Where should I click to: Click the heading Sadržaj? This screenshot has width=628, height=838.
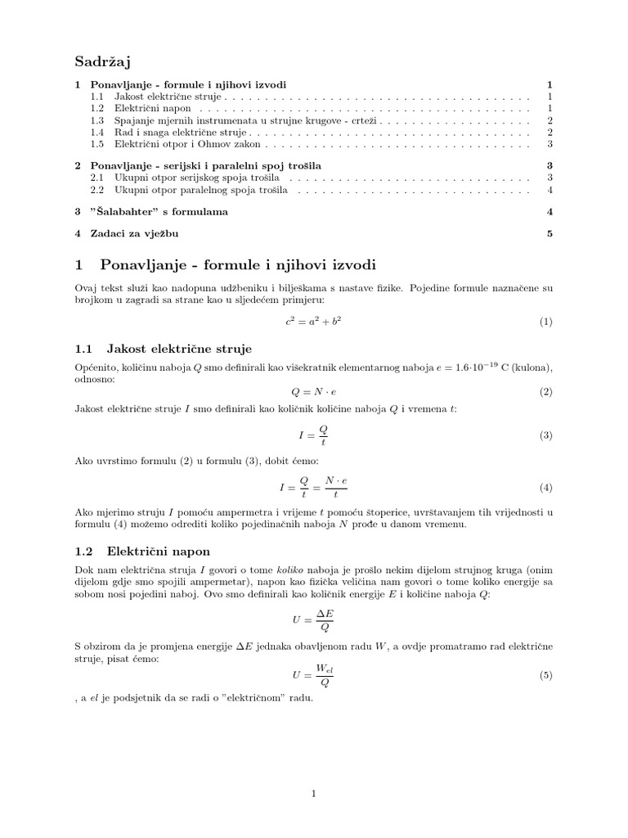tap(103, 61)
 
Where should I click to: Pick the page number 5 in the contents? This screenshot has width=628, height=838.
tap(550, 233)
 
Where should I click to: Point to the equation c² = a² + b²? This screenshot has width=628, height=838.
tap(313, 322)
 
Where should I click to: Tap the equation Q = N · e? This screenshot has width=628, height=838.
tap(313, 392)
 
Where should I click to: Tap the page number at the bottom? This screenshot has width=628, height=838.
tap(314, 793)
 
